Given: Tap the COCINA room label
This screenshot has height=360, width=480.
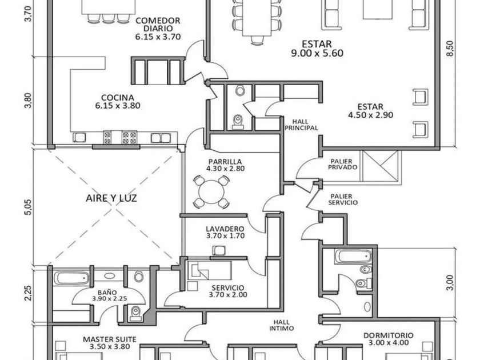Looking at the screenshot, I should pos(118,101).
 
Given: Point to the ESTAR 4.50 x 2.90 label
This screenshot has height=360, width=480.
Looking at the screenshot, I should pos(370,110).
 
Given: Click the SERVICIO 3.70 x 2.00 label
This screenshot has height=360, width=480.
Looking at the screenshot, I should pos(227,291).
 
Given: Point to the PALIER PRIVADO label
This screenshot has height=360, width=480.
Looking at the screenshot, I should pos(343,163).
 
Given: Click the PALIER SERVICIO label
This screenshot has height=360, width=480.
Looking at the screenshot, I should pos(343,199).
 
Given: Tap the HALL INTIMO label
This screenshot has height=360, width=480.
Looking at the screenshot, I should pos(283,325).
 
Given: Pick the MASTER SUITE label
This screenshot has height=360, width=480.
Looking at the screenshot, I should pos(110,343).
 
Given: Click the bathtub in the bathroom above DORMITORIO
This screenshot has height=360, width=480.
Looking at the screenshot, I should pos(353,255).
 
